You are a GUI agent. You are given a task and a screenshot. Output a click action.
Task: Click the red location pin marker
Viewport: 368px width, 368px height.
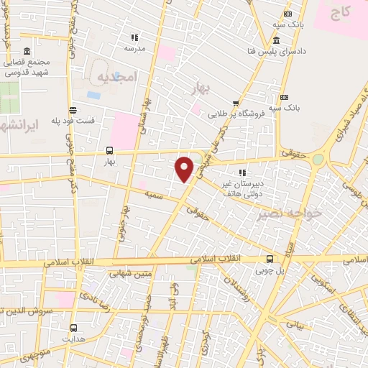[185, 169]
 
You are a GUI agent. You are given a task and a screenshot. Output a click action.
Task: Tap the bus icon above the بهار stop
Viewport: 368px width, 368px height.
[109, 151]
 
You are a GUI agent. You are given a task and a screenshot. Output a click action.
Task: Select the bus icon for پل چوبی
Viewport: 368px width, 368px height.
[270, 259]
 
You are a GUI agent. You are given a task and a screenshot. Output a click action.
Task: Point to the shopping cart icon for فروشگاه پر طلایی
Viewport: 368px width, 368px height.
[235, 103]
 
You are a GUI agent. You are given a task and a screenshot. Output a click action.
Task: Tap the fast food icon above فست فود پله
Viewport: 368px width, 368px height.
[73, 109]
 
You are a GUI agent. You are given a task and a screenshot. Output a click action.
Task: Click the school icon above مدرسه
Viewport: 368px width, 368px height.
[134, 37]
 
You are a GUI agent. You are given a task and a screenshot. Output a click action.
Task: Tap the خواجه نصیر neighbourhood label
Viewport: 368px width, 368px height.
[281, 214]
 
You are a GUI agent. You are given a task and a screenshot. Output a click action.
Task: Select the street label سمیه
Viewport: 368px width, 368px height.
[152, 195]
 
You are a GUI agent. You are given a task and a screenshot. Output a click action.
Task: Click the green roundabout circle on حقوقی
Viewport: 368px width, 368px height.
[317, 159]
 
